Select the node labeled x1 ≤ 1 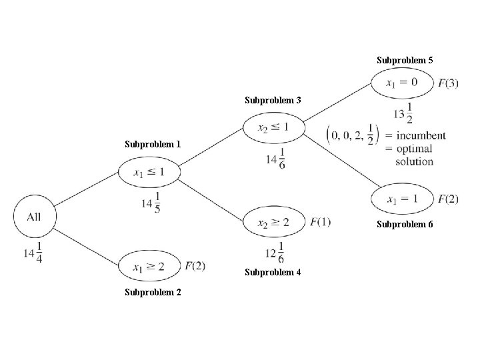point(148,173)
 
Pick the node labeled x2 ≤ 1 point(273,127)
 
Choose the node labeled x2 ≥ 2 point(273,221)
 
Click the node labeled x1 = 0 point(402,83)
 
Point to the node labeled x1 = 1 point(402,198)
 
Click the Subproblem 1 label point(153,144)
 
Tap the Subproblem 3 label point(273,101)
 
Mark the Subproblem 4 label point(273,272)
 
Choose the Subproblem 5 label point(405,61)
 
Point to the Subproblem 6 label point(405,224)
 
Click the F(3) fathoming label point(448,83)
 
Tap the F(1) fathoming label point(320,221)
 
